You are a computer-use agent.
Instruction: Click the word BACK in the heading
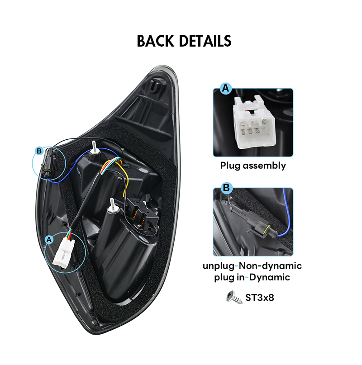[x=155, y=41]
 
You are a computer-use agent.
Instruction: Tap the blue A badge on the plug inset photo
[x=226, y=88]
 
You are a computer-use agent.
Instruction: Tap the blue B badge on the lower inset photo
[x=226, y=188]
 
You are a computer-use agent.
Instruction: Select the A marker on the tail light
[x=49, y=240]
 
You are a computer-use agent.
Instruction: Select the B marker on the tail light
[x=39, y=151]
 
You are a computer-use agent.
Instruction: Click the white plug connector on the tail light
[x=64, y=253]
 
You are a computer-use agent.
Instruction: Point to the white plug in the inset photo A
[x=253, y=123]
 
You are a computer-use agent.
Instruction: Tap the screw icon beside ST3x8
[x=234, y=297]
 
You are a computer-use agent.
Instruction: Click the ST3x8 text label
[x=260, y=298]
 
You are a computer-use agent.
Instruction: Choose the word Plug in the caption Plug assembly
[x=230, y=166]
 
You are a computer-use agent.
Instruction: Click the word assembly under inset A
[x=264, y=166]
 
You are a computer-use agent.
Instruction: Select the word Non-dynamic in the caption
[x=271, y=266]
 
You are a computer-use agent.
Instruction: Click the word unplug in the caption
[x=219, y=266]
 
